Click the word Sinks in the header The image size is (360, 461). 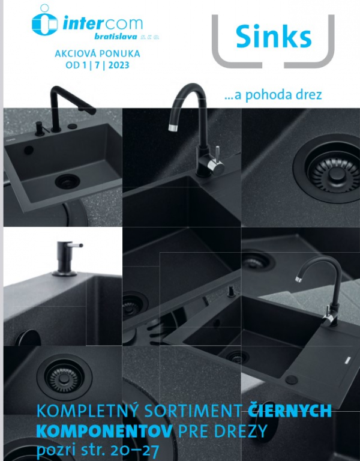tap(274, 37)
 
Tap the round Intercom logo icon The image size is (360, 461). tap(44, 21)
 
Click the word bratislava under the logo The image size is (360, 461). tap(116, 37)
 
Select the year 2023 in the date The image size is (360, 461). tap(119, 65)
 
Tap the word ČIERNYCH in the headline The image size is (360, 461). tap(290, 411)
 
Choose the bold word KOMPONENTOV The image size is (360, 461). tap(104, 431)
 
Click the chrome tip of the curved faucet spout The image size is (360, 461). tap(173, 127)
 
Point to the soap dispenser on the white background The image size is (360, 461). tap(67, 259)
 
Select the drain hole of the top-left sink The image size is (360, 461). tap(67, 181)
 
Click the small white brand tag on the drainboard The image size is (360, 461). tap(347, 359)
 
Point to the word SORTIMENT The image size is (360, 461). tap(193, 411)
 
